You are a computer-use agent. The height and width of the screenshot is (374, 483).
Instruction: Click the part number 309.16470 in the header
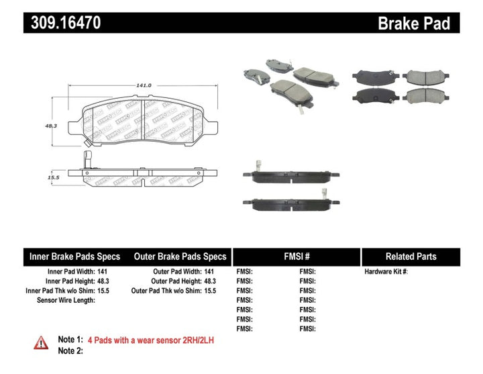click(x=64, y=23)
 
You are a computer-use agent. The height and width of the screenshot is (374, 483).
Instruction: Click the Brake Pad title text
click(x=414, y=24)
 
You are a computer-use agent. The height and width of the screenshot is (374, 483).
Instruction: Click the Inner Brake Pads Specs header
click(x=74, y=256)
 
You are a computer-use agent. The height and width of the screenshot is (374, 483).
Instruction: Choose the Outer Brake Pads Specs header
click(x=180, y=256)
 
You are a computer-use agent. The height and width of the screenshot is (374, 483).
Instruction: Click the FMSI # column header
click(x=296, y=256)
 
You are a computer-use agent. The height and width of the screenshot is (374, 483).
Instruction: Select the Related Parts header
click(x=411, y=256)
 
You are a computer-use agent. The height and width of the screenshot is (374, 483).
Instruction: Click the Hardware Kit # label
click(x=386, y=271)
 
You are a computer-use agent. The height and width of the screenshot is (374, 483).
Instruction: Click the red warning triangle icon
click(x=42, y=342)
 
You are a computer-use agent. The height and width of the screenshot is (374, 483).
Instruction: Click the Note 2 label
click(x=70, y=351)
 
